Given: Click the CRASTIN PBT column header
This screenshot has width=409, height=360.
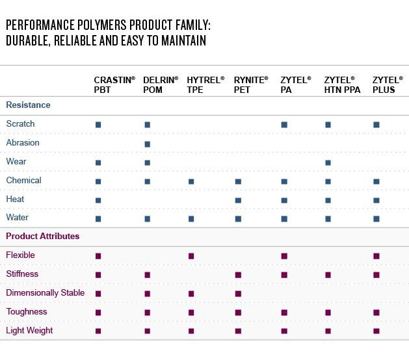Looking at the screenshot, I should coord(114,84).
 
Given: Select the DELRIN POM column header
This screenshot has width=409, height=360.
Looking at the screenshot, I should coord(160,84).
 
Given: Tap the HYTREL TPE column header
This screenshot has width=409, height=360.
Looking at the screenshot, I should coord(205,84).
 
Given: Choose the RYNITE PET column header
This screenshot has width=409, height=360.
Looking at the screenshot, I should coord(250,84).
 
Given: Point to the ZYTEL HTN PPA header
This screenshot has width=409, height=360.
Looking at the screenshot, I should coord(341,84).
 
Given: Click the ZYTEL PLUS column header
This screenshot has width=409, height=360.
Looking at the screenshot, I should coord(385,84).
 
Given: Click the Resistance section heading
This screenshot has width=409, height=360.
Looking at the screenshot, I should coord(28,105).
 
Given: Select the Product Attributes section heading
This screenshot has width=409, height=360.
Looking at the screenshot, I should coord(42,237).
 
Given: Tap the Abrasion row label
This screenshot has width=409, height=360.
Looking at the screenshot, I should coord(23,143).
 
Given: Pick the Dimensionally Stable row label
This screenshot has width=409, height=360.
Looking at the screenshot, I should coord(45,293).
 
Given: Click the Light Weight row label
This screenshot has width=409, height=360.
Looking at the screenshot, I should coord(29,331).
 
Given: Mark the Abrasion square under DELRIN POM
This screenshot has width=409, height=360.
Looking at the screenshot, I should coord(148,144).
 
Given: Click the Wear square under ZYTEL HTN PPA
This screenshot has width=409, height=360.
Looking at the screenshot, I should coord(328,163).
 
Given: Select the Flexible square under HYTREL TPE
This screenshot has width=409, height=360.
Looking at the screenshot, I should coord(191,256).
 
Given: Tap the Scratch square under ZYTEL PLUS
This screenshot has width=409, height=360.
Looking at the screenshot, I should coord(376,125).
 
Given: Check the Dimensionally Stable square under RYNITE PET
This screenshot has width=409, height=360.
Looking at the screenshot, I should coord(238,294).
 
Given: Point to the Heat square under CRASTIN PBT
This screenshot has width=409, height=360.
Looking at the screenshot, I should coord(98,200).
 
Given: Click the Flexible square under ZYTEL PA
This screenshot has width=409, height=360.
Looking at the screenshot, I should coord(284,256).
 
